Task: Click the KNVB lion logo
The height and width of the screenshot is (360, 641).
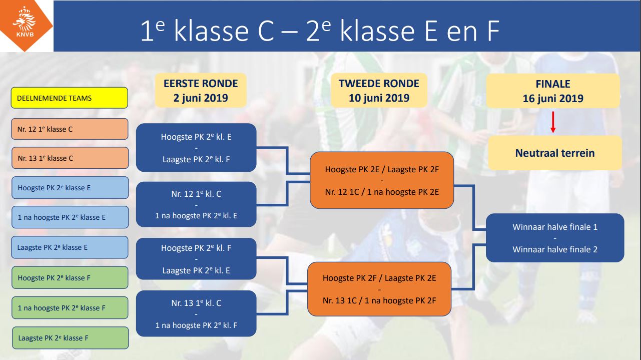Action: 25,23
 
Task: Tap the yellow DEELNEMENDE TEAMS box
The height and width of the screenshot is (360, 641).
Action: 70,98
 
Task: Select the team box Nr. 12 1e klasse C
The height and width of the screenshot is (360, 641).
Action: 70,129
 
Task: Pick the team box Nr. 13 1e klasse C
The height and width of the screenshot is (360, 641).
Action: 70,158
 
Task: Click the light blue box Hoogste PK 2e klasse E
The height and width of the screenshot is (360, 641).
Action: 70,188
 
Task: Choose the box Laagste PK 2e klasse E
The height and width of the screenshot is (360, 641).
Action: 70,247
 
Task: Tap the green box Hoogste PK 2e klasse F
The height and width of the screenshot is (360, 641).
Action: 70,278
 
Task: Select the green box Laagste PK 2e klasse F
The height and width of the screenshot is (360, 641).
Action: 71,338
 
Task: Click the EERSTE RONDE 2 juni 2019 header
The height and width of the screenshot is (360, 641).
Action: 201,91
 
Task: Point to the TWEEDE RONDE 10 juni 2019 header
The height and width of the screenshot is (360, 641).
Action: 379,91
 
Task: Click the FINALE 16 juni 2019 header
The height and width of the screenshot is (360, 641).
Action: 553,91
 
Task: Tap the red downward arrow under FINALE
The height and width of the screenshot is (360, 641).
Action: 553,122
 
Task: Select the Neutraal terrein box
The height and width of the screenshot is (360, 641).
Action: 555,153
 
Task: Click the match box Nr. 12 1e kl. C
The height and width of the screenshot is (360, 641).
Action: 196,204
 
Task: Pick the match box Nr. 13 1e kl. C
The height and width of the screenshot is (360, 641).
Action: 196,313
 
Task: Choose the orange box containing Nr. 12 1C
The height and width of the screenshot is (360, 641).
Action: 382,180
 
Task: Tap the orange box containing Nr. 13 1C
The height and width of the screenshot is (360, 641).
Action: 379,289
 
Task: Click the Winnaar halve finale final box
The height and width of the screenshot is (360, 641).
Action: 555,238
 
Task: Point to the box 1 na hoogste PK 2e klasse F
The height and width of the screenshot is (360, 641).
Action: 70,308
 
